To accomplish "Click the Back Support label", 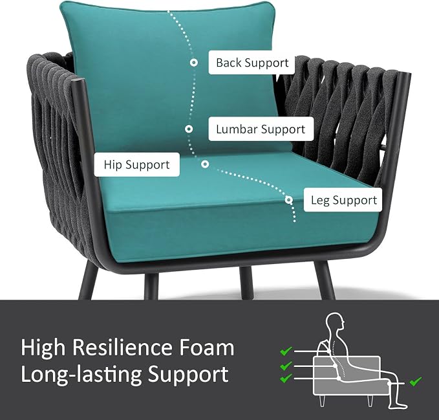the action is coord(252,63).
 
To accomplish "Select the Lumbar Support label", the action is coord(261,129).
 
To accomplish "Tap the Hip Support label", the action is coord(136,164).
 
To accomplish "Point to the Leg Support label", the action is coord(343,200).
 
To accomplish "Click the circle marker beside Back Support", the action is coord(193,63).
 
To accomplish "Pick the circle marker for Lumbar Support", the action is coord(189,129).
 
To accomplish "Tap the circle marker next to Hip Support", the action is coord(205,164).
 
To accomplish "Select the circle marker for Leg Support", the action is coord(289,200).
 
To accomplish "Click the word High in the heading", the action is coord(43,348).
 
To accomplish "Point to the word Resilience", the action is coord(123,348).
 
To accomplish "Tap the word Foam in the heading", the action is coord(207,348).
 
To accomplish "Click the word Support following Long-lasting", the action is coord(188,375).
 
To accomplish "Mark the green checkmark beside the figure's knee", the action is coord(416,381).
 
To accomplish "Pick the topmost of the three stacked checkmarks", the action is coord(286,351).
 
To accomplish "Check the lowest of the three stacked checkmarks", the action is coord(286,378).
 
